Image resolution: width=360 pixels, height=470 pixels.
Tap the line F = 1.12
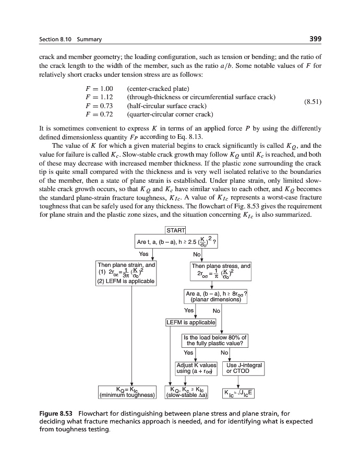click(x=99, y=97)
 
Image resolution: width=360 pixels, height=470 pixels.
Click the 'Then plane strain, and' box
click(x=126, y=273)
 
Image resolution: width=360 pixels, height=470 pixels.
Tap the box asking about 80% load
click(x=214, y=340)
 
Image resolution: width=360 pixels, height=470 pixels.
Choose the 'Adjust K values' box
click(x=196, y=368)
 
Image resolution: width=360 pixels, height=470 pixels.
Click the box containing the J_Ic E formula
click(x=238, y=392)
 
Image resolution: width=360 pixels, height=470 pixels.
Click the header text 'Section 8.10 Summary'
click(x=70, y=40)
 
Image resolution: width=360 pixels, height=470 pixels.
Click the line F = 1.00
click(x=99, y=88)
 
